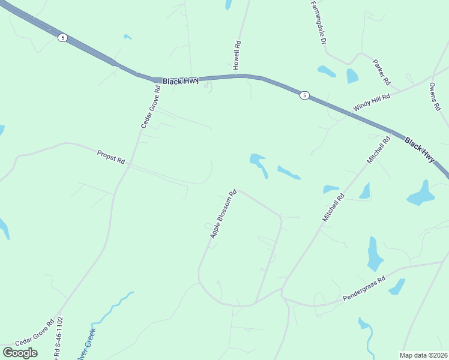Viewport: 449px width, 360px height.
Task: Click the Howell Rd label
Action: [x=237, y=55]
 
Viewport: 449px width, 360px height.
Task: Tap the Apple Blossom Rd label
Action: [x=223, y=214]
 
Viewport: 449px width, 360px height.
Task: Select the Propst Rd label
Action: [x=110, y=157]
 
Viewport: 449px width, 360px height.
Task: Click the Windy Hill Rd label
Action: [x=372, y=102]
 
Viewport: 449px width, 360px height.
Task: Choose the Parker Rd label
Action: [x=381, y=71]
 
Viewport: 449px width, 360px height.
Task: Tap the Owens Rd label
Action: [x=435, y=97]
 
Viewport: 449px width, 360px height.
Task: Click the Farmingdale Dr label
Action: [x=318, y=22]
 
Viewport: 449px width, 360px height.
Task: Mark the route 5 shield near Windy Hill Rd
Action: [x=305, y=95]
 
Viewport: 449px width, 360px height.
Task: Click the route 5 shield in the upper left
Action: [x=63, y=38]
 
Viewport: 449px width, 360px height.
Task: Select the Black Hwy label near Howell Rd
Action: [x=181, y=80]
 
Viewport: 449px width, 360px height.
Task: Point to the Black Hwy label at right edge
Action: [x=419, y=150]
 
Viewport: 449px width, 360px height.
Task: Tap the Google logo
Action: [x=20, y=352]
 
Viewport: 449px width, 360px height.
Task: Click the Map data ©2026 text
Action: [x=423, y=355]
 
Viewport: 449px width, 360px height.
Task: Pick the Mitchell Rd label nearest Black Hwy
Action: [x=379, y=151]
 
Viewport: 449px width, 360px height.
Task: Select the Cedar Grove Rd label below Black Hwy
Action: [x=150, y=107]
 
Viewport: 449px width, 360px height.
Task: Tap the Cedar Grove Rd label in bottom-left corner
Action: [x=35, y=340]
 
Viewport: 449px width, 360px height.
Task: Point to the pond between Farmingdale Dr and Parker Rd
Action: [x=352, y=76]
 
